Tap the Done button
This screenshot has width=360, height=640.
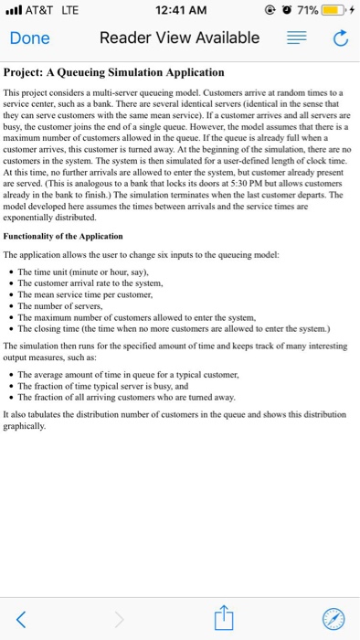pos(29,38)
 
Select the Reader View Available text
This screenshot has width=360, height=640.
pos(179,38)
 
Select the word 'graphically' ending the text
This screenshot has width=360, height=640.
pos(27,425)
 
